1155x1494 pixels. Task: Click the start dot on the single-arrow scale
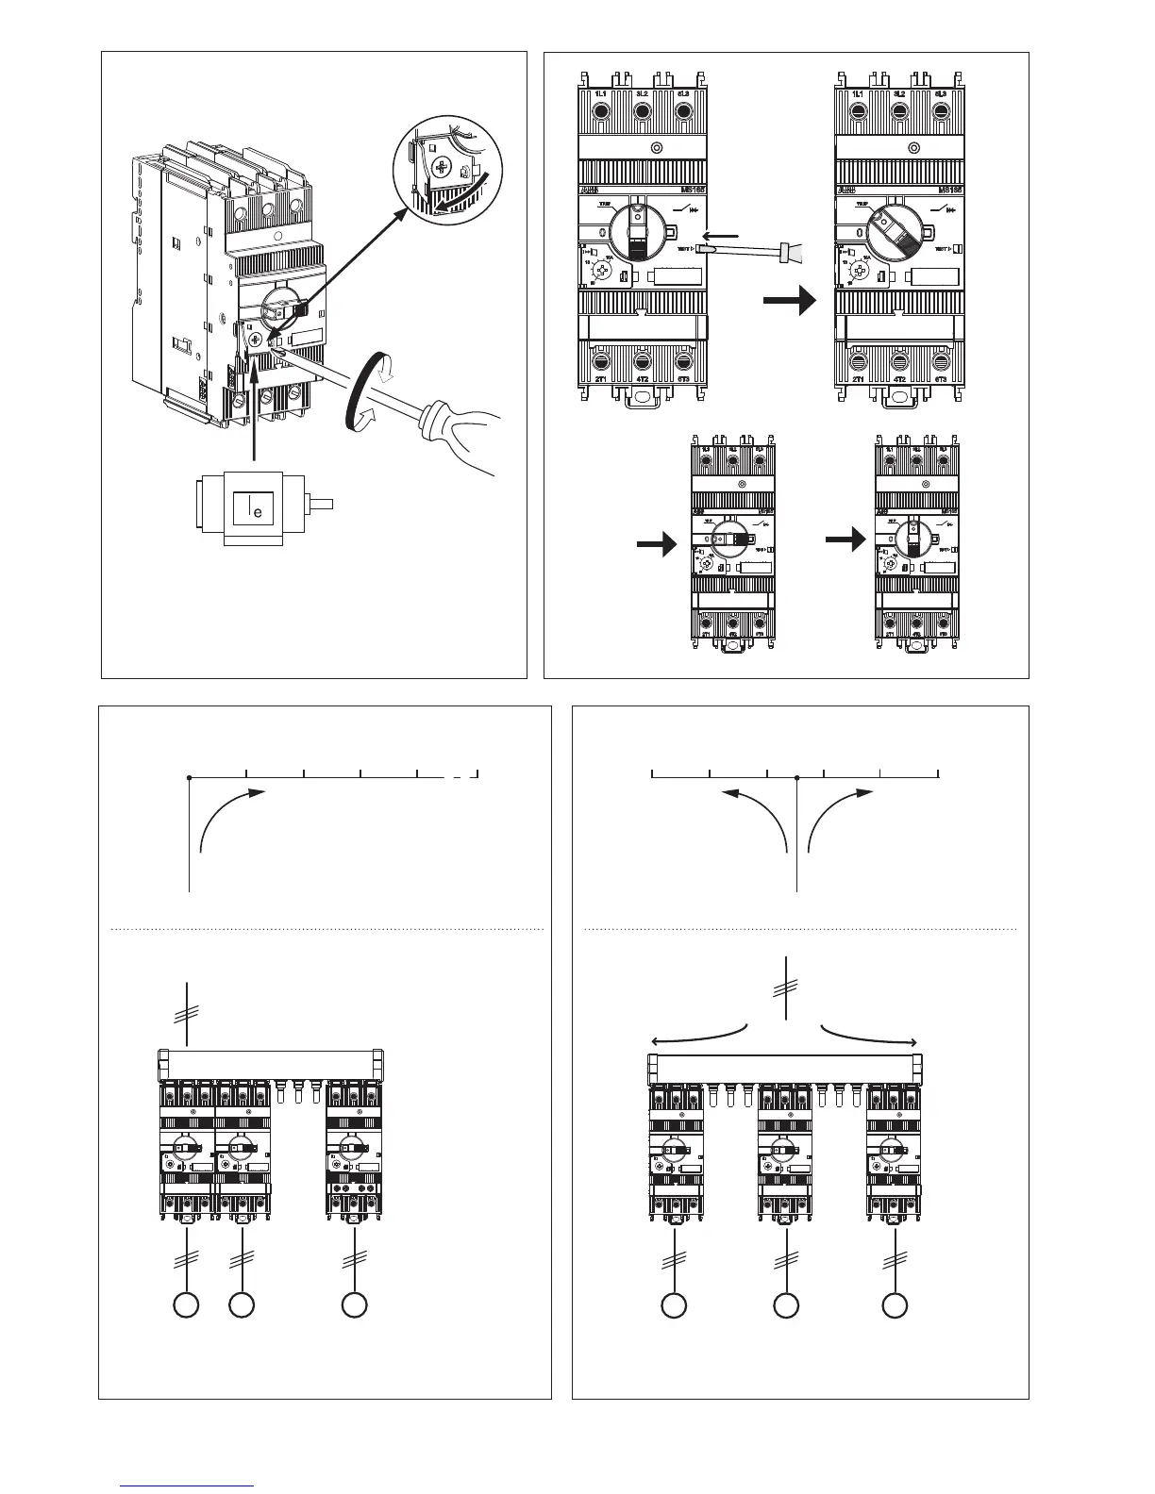[x=190, y=778]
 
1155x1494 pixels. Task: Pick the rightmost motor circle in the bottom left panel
[x=354, y=1305]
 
